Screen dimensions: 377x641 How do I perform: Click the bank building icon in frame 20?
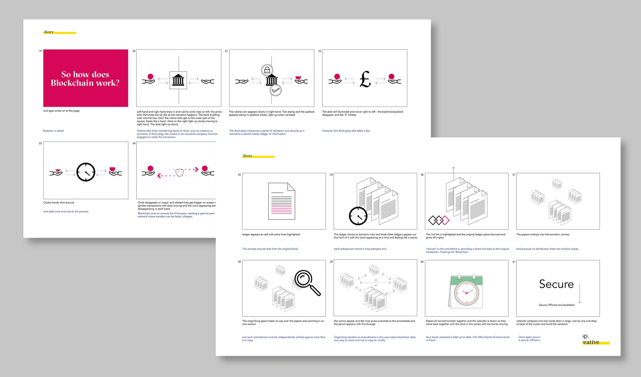(178, 80)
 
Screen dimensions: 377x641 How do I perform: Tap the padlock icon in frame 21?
(267, 70)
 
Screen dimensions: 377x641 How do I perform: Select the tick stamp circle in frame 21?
(275, 90)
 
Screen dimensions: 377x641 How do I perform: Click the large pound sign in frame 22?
(365, 79)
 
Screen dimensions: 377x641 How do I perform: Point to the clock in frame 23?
(86, 172)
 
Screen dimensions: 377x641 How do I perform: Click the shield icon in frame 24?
(179, 172)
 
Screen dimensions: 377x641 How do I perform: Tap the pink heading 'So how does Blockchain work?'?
(85, 79)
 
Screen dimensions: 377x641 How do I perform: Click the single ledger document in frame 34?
(281, 201)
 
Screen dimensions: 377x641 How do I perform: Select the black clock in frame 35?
(358, 216)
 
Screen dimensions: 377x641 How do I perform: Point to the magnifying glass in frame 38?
(306, 282)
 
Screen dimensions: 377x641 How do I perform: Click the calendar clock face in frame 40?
(466, 293)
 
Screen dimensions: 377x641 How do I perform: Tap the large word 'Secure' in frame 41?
(556, 284)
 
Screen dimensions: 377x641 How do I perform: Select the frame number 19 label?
(40, 51)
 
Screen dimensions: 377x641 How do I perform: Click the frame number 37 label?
(514, 174)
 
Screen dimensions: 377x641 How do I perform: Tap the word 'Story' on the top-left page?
(49, 32)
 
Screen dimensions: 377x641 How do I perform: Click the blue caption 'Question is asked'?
(53, 131)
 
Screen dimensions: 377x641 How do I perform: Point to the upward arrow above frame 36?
(453, 172)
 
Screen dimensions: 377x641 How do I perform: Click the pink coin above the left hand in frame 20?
(150, 76)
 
